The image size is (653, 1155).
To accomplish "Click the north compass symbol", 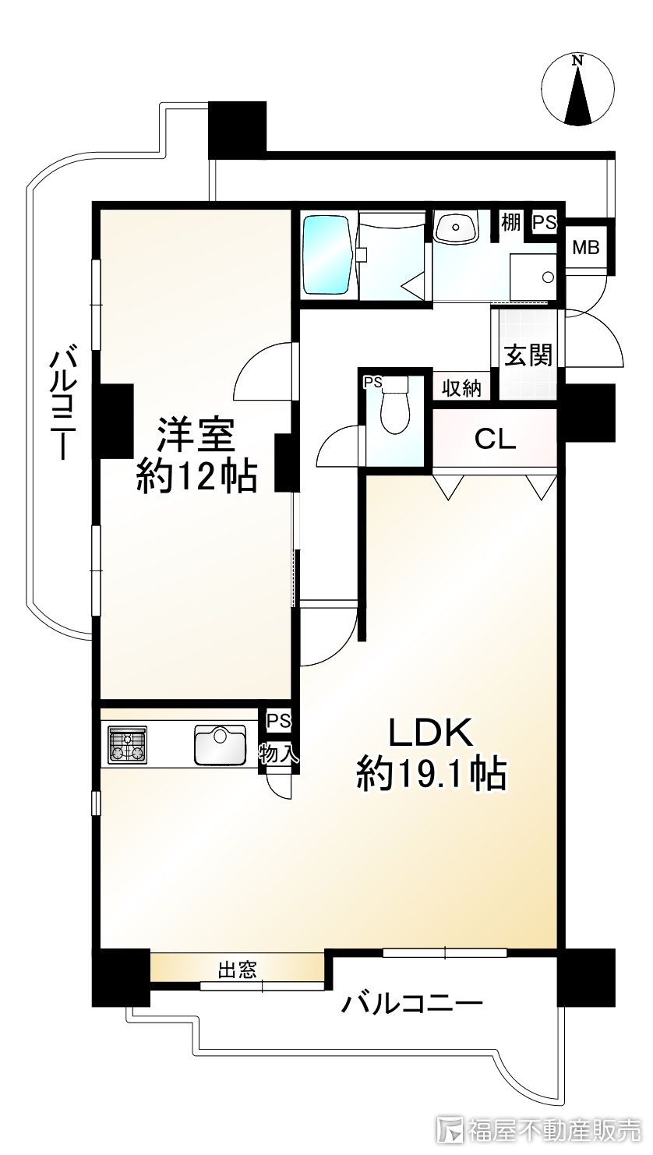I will click(x=577, y=90).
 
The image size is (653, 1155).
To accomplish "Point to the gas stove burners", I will click(x=127, y=744).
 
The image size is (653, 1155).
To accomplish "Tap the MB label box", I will click(x=585, y=248).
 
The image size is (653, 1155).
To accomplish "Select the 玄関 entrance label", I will click(x=528, y=355).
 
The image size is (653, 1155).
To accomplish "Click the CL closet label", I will click(x=496, y=440).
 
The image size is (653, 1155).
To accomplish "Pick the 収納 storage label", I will click(x=461, y=388).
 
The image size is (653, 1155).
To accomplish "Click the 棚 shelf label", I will click(x=510, y=222).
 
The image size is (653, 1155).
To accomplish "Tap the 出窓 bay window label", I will click(x=237, y=970).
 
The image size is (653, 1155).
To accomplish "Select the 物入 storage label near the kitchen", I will click(x=277, y=754).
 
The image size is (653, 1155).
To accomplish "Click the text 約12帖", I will click(x=196, y=477).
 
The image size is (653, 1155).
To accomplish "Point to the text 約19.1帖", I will click(x=432, y=775).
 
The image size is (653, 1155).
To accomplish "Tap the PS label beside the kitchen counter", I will click(x=277, y=721).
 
